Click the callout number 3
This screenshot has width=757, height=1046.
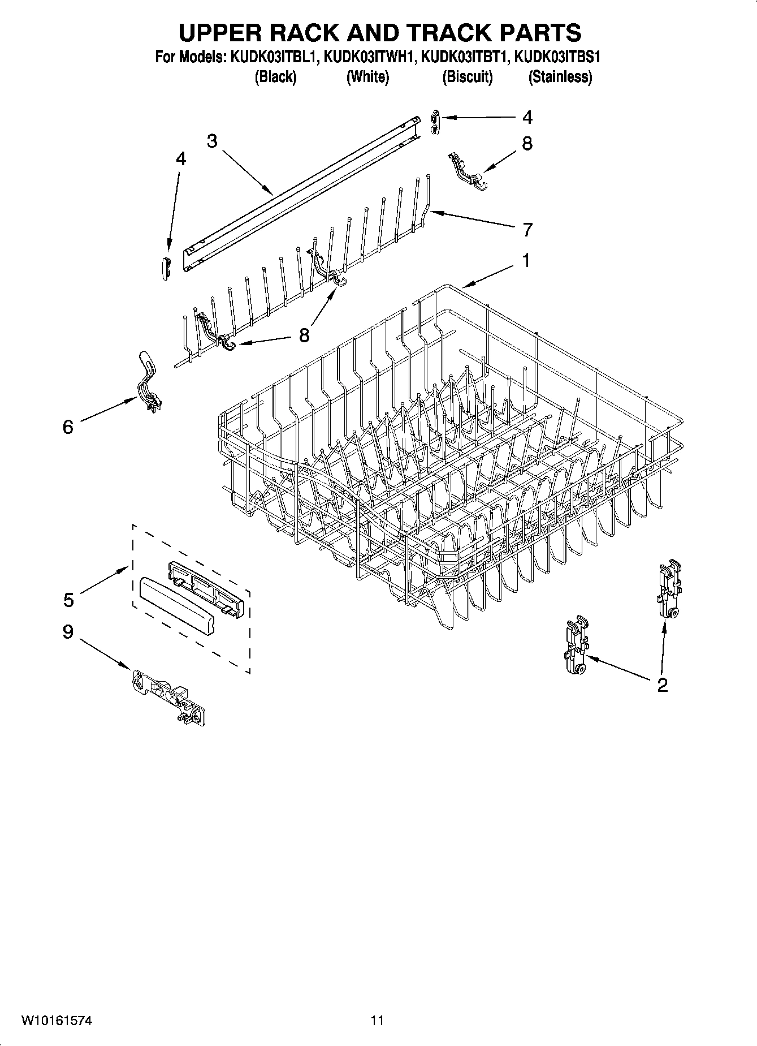tap(212, 141)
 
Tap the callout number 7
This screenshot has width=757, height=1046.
tap(527, 230)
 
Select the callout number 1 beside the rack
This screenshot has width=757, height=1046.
tap(526, 261)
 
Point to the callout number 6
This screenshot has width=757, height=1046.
tap(68, 427)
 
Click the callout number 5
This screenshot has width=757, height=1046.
tap(68, 600)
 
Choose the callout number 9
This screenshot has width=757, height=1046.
tap(68, 631)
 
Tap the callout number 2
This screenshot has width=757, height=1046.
tap(663, 685)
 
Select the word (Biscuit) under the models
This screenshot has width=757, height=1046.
tap(468, 77)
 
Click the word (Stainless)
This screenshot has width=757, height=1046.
tap(560, 77)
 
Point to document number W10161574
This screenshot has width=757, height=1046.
tap(57, 1021)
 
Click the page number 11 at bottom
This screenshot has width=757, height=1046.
tap(377, 1021)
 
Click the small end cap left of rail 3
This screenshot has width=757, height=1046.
tap(165, 266)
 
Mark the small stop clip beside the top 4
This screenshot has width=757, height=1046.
tap(434, 122)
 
